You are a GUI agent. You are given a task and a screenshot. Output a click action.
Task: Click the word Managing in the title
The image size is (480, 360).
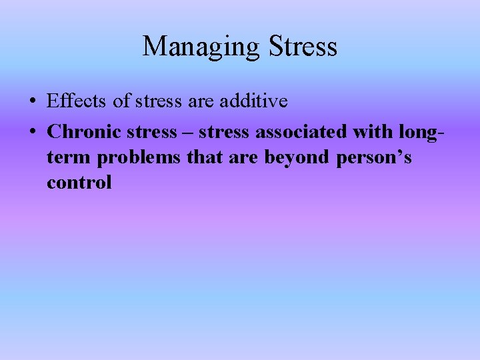[x=201, y=47]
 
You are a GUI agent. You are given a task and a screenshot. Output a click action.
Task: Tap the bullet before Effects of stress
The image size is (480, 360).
[x=32, y=102]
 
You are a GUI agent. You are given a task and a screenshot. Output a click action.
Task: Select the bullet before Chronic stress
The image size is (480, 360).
[x=32, y=132]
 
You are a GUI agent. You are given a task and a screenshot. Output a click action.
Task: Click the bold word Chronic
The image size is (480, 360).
[x=80, y=132]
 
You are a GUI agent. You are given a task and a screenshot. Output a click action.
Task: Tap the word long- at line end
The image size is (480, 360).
[x=419, y=132]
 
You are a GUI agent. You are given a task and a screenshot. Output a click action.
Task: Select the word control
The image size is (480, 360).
[x=79, y=183]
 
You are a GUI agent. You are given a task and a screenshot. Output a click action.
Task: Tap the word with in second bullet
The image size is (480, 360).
[x=370, y=132]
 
